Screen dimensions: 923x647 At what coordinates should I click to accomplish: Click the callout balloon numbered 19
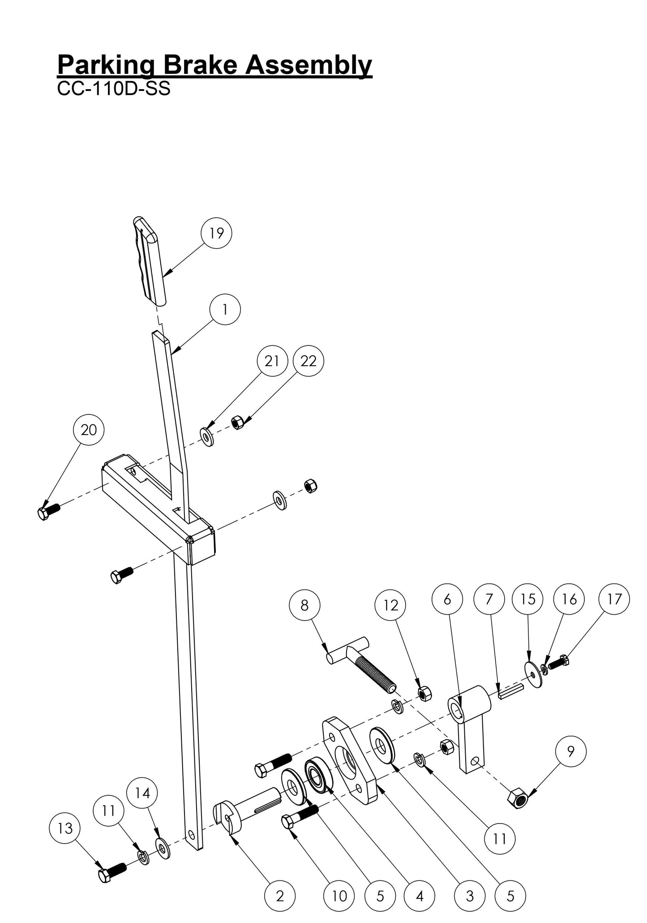(x=217, y=233)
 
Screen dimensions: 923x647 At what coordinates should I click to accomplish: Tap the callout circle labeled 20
(x=88, y=430)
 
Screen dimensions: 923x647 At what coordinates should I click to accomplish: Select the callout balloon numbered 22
(x=308, y=361)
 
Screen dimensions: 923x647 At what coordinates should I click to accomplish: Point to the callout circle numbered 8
(x=304, y=605)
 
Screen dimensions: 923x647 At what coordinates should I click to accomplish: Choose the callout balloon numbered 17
(x=614, y=599)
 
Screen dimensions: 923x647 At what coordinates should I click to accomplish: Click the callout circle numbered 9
(x=570, y=751)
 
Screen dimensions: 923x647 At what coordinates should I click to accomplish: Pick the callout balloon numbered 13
(x=65, y=828)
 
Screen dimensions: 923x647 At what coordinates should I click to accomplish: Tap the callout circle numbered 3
(x=469, y=896)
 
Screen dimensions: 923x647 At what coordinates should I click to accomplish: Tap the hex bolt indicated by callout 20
(x=48, y=512)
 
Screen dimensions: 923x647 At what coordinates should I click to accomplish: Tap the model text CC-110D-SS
(x=114, y=89)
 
